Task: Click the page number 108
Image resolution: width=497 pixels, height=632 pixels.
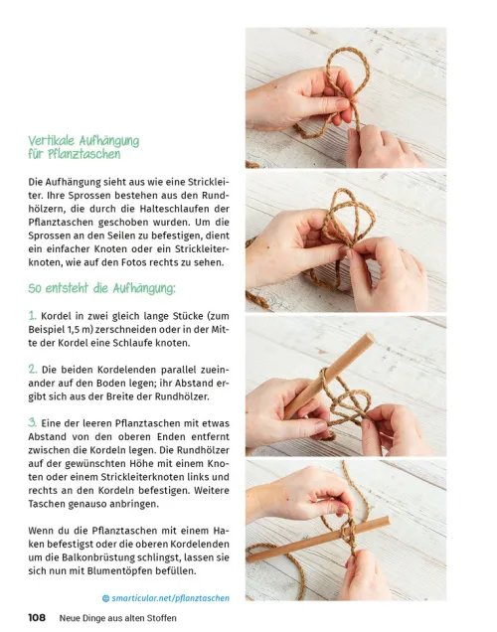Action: click(x=37, y=617)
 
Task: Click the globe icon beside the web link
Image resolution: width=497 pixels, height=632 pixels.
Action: click(x=106, y=598)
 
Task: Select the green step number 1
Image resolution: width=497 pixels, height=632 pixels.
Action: click(x=32, y=315)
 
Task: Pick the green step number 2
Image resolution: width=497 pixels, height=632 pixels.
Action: click(x=33, y=369)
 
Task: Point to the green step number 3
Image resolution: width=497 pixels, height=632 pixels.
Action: click(x=33, y=422)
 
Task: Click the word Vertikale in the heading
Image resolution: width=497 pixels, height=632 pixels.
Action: click(x=52, y=141)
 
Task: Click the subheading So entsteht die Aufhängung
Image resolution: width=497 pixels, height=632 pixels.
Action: click(x=102, y=288)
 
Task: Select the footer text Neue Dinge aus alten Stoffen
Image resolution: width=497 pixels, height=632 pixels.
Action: click(x=117, y=618)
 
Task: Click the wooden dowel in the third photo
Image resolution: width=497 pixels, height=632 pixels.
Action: click(x=329, y=376)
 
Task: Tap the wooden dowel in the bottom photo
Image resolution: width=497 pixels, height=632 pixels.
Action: click(x=318, y=541)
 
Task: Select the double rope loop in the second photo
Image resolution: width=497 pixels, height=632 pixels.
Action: click(x=348, y=219)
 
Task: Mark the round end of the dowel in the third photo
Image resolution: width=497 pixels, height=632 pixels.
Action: click(x=368, y=339)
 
